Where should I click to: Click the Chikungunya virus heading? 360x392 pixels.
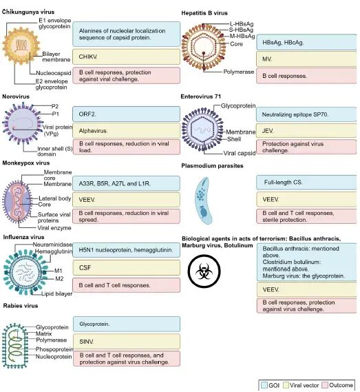coord(28,12)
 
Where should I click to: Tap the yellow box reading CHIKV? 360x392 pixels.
coord(126,56)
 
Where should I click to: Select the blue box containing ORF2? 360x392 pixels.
coord(126,114)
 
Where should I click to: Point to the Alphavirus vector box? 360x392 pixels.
coord(126,130)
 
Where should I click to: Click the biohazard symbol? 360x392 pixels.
coord(204,271)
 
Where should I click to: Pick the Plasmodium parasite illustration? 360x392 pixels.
coord(204,200)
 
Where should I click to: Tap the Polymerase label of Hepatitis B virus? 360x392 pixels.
coord(239,72)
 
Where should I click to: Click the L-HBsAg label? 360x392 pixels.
coord(242,24)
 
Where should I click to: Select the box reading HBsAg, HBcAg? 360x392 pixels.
coord(306,42)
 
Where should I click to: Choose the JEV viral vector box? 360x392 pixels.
coord(306,131)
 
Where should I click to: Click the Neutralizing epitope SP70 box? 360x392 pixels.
coord(306,114)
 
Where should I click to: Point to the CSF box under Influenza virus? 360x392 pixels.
coord(126,268)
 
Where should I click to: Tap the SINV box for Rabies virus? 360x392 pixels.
coord(127,342)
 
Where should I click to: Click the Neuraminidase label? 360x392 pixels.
coord(52,245)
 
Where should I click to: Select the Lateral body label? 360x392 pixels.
coord(54,198)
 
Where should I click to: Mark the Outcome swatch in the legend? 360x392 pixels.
coord(325,385)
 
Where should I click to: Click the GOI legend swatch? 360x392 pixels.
coord(264,385)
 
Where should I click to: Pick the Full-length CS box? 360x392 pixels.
coord(306,183)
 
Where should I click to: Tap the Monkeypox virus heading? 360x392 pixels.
coord(26,163)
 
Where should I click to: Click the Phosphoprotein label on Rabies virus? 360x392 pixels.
coord(54,349)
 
